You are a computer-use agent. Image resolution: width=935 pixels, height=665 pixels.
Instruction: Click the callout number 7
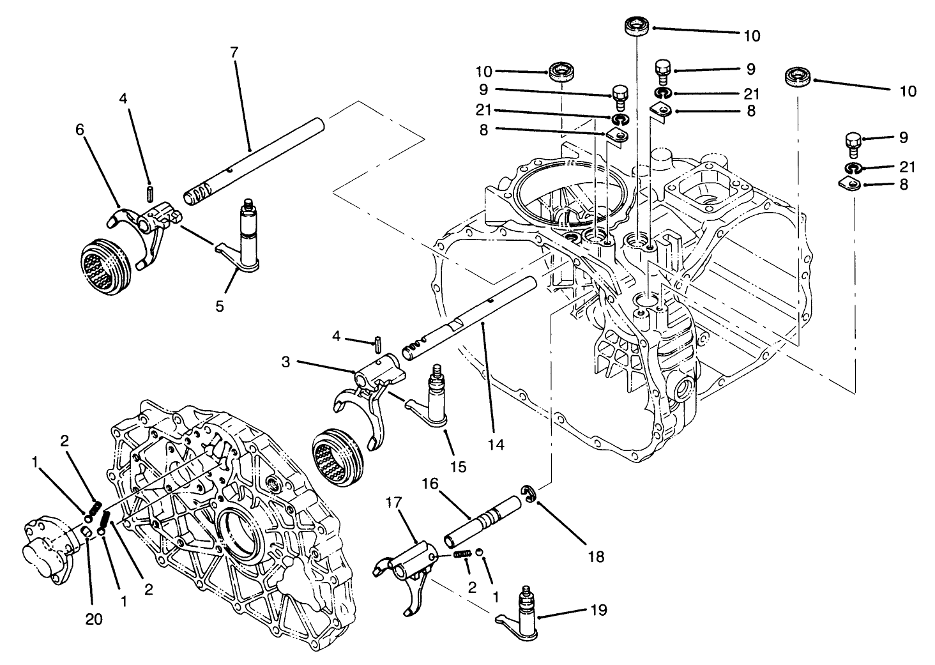pos(234,52)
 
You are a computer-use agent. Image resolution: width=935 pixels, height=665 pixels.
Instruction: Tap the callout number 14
pos(496,444)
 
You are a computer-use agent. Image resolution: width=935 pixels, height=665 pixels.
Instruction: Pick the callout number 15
pos(458,467)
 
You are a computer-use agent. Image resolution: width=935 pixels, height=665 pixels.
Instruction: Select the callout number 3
pos(285,362)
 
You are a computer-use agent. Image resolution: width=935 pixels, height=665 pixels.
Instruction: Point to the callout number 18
pos(595,556)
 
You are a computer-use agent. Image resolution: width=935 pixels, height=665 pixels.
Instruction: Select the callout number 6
pos(80,129)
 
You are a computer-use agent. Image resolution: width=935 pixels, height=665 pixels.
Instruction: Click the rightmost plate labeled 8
pos(846,184)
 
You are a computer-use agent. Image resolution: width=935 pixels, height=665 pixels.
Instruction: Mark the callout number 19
pos(599,611)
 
